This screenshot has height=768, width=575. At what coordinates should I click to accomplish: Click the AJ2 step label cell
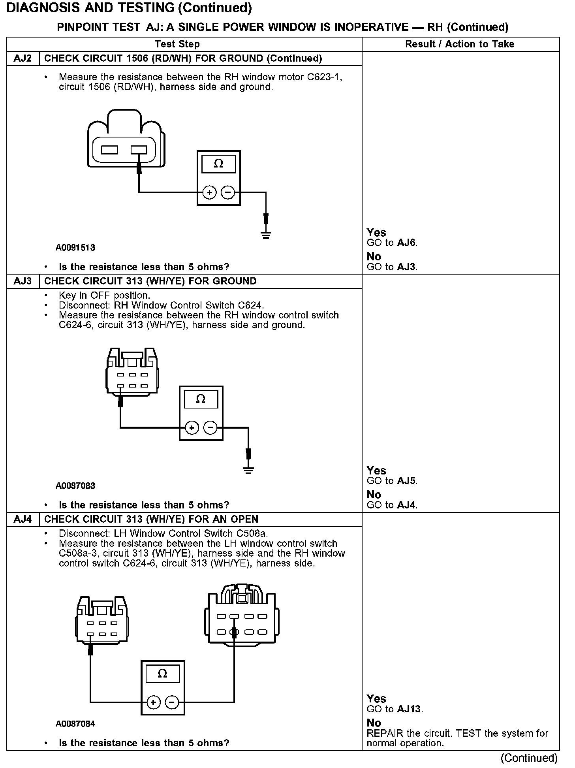tap(23, 58)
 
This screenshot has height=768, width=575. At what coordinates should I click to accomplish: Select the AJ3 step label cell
tap(23, 281)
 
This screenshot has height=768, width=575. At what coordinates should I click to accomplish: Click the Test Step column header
tap(177, 44)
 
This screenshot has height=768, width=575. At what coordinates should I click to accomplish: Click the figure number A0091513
tap(75, 248)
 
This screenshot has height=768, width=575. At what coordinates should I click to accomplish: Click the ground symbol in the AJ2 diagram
tap(266, 235)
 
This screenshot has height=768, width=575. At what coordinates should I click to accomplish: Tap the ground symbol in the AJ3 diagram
tap(248, 470)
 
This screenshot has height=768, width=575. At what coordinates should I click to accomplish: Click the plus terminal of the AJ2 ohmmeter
tap(209, 193)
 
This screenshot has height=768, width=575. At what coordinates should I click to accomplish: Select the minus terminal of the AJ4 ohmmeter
tap(172, 702)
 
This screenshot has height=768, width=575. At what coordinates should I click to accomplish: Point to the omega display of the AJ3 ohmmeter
tap(201, 399)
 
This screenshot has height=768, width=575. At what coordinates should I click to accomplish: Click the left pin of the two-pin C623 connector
tap(109, 150)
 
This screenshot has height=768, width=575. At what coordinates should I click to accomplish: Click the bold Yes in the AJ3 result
tap(376, 471)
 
